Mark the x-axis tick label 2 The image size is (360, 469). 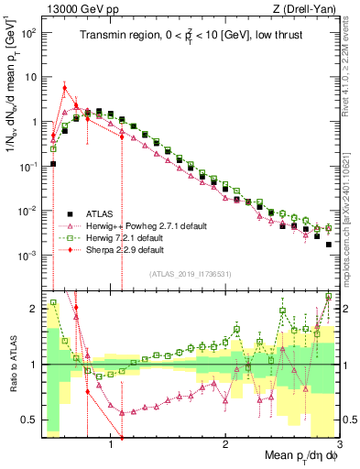pos(225,444)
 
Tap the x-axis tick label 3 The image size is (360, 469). pos(339,444)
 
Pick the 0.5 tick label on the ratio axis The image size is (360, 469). pos(27,420)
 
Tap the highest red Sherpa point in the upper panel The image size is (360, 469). pos(64,88)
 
